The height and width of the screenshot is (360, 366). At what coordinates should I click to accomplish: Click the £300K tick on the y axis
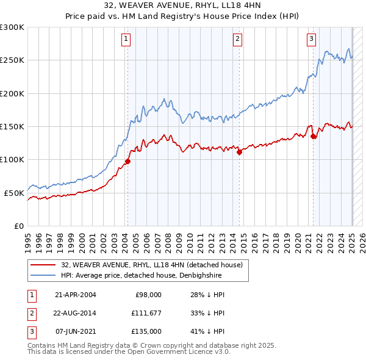click(12, 27)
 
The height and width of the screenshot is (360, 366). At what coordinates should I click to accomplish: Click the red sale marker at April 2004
click(128, 161)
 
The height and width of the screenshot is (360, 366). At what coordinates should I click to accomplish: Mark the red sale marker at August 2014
click(240, 153)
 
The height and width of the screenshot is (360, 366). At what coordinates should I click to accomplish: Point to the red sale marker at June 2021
click(314, 137)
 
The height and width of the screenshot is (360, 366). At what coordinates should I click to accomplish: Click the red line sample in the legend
click(43, 265)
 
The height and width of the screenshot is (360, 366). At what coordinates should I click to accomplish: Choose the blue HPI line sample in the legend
click(43, 275)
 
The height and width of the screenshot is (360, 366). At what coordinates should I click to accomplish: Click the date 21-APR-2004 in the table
click(76, 295)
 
